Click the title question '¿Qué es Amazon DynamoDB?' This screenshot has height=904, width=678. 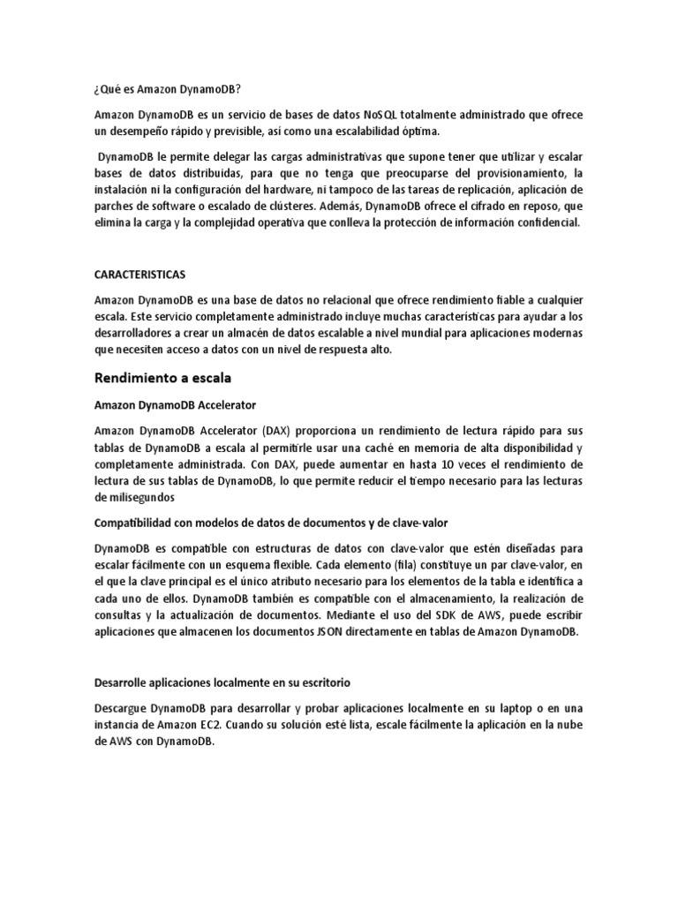pos(167,90)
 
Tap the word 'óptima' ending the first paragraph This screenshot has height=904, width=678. pos(419,132)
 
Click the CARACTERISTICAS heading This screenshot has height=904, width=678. pos(139,275)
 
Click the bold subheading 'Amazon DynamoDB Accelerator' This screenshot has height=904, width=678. pos(175,406)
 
